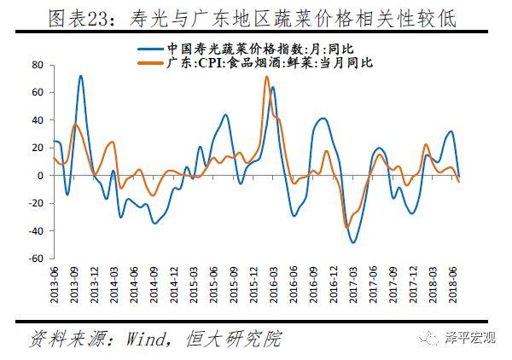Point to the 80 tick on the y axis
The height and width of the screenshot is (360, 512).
point(38,65)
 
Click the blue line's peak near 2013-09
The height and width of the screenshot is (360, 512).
point(80,76)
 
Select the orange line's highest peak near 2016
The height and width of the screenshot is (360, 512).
point(266,78)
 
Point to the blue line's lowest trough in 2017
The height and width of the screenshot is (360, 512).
point(353,242)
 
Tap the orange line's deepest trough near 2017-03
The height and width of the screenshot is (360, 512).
point(347,227)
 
